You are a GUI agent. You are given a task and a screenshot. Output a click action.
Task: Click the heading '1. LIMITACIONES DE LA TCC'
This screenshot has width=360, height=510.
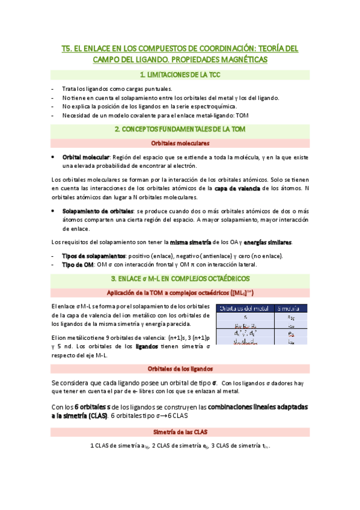(180, 75)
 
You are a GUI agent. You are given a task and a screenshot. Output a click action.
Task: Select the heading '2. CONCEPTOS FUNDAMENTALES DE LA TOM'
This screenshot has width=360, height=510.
(180, 129)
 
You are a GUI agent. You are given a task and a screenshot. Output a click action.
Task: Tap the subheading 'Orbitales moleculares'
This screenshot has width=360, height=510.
(180, 143)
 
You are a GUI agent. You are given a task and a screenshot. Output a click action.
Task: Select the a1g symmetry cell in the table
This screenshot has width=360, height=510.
(291, 317)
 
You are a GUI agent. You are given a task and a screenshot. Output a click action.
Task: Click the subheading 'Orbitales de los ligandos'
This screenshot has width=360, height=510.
(180, 369)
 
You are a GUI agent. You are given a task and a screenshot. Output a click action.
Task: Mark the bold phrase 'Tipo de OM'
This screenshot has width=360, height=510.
(79, 265)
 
